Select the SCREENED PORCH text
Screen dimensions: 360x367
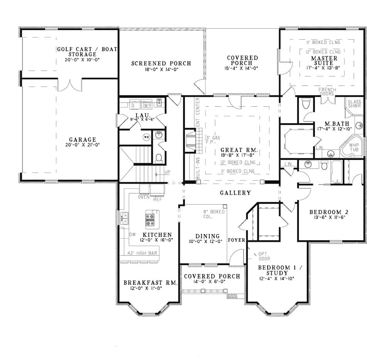click(x=161, y=64)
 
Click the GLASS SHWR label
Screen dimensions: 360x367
click(x=355, y=105)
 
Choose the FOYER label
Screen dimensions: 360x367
click(x=236, y=240)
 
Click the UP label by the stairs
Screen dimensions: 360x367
click(x=167, y=172)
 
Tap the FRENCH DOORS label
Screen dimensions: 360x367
click(x=327, y=92)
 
